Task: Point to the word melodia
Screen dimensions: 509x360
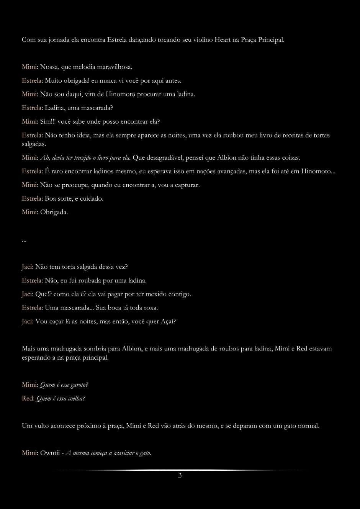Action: pyautogui.click(x=83, y=67)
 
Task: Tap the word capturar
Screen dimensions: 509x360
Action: pyautogui.click(x=187, y=185)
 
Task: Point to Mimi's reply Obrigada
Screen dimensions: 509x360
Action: pyautogui.click(x=54, y=212)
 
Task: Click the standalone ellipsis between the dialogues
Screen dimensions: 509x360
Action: pyautogui.click(x=24, y=240)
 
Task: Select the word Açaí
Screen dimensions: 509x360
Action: pyautogui.click(x=168, y=321)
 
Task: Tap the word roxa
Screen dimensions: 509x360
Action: pyautogui.click(x=151, y=308)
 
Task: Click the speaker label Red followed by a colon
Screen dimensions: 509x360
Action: pyautogui.click(x=28, y=399)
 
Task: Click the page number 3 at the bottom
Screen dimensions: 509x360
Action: pyautogui.click(x=180, y=476)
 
